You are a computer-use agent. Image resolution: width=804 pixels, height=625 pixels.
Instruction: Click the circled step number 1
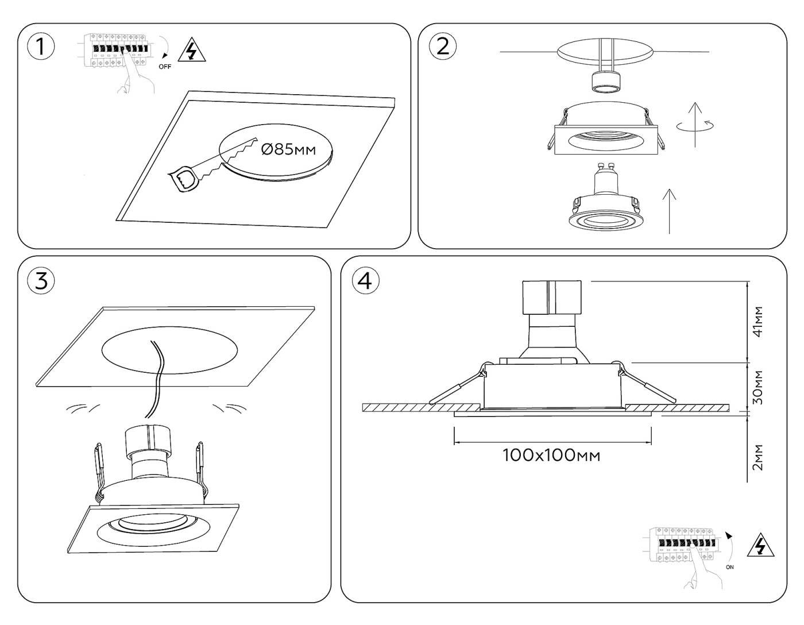[41, 47]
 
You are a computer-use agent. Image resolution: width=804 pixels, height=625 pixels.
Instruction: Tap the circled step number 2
[443, 46]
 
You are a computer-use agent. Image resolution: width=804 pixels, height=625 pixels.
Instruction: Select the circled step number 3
[41, 281]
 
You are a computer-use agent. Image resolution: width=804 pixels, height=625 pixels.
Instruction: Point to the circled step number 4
[365, 281]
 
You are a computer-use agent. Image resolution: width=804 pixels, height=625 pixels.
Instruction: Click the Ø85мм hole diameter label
[288, 150]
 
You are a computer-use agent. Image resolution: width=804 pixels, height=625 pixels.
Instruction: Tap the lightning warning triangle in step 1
[192, 51]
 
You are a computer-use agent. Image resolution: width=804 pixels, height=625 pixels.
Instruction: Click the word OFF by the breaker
[165, 67]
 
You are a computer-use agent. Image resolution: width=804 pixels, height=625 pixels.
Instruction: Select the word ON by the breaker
[729, 567]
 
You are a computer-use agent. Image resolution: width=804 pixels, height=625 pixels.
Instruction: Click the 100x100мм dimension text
[551, 456]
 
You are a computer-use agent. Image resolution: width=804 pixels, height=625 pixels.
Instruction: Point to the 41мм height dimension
[759, 322]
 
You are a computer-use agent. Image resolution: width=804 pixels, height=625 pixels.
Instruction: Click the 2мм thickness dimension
[759, 457]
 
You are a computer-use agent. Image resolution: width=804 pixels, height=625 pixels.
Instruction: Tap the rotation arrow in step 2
[695, 125]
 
